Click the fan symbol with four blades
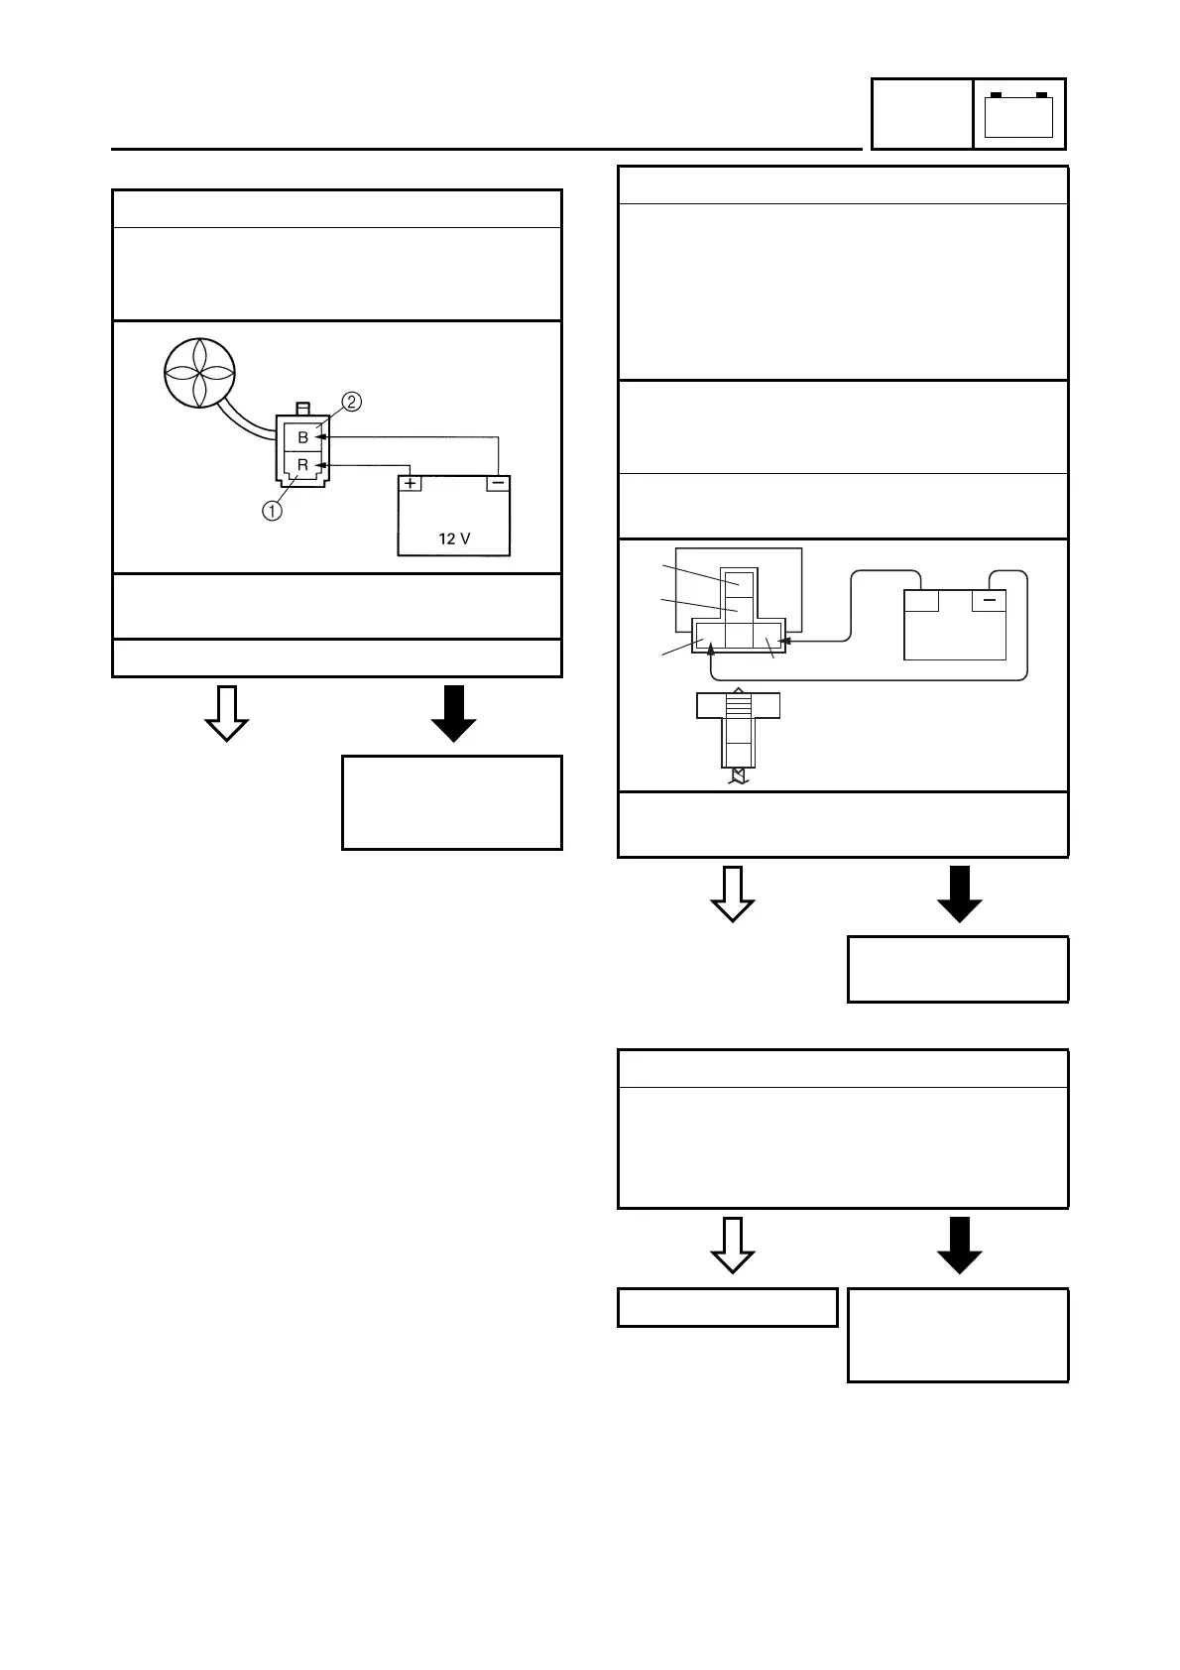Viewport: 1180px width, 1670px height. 199,372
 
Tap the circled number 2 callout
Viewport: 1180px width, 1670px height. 351,402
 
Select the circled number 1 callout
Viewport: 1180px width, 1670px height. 272,511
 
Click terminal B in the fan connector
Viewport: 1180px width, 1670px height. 303,437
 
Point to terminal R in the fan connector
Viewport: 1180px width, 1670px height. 303,464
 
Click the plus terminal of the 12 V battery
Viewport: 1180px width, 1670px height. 411,484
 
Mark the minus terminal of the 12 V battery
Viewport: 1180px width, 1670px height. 498,484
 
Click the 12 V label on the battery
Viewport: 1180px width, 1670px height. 454,539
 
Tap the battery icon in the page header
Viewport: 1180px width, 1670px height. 1018,114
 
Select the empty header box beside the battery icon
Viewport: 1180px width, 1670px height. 921,114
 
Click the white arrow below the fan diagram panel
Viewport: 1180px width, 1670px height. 226,713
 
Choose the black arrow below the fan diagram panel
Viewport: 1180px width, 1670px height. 454,713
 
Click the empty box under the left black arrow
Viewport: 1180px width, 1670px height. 452,802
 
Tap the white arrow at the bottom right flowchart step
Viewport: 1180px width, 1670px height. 734,1245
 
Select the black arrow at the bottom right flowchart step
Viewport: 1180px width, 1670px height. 960,1245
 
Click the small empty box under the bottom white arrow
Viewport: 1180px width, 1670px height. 728,1307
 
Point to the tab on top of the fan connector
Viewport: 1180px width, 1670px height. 303,408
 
